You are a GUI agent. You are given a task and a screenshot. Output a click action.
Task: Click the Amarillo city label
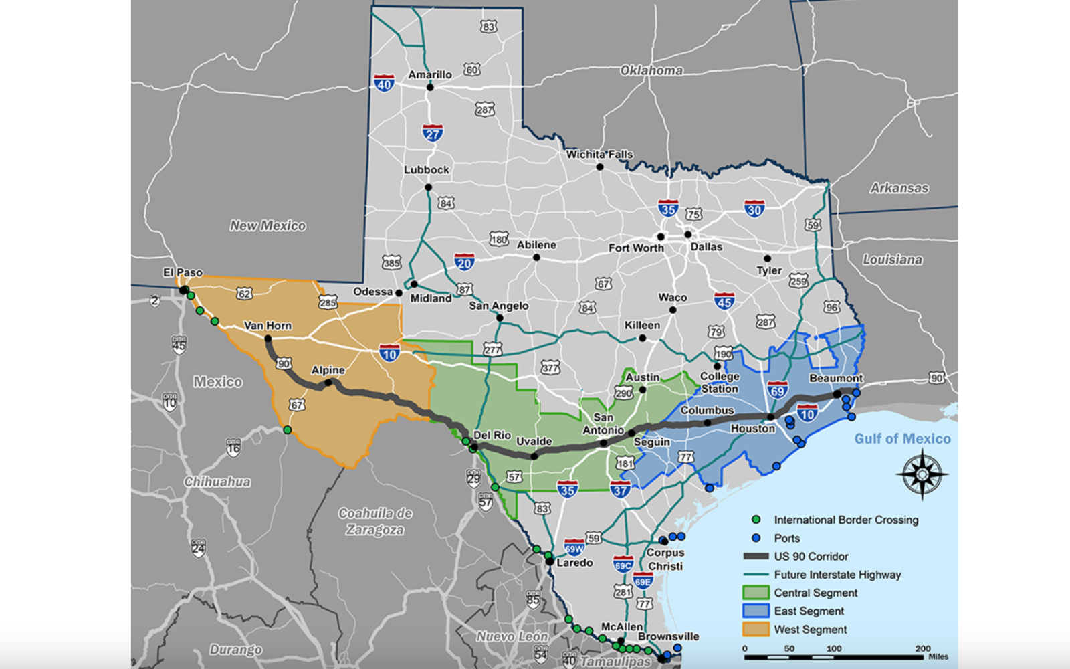[430, 74]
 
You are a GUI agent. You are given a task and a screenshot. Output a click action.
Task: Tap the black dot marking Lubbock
[428, 187]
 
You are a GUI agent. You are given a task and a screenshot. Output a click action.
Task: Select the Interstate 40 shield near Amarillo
[384, 84]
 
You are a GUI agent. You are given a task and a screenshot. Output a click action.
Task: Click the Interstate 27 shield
[433, 133]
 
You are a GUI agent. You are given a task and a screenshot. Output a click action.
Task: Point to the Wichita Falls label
[599, 154]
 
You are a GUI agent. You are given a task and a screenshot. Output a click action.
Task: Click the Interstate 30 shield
[754, 209]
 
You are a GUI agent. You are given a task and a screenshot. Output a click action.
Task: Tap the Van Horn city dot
[268, 339]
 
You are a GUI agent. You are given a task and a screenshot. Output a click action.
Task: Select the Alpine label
[328, 370]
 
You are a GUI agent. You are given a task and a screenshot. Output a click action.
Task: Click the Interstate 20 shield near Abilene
[464, 262]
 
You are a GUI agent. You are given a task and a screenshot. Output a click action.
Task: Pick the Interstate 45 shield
[724, 301]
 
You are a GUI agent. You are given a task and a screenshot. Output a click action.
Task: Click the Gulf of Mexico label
[902, 439]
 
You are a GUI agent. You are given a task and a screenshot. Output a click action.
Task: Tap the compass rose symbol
[922, 474]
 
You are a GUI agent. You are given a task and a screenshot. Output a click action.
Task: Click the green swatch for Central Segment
[756, 593]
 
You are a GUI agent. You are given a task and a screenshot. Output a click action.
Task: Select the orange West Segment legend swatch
[756, 629]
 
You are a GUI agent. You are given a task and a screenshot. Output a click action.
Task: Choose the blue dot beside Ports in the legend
[756, 538]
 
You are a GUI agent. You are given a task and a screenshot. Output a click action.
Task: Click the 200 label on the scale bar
[923, 648]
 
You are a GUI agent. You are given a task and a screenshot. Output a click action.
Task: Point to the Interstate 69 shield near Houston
[777, 390]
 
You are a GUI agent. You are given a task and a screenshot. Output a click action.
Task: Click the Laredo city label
[574, 563]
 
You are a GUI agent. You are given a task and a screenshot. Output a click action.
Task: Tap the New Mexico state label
[267, 226]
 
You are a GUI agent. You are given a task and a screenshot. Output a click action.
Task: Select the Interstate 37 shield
[620, 490]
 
